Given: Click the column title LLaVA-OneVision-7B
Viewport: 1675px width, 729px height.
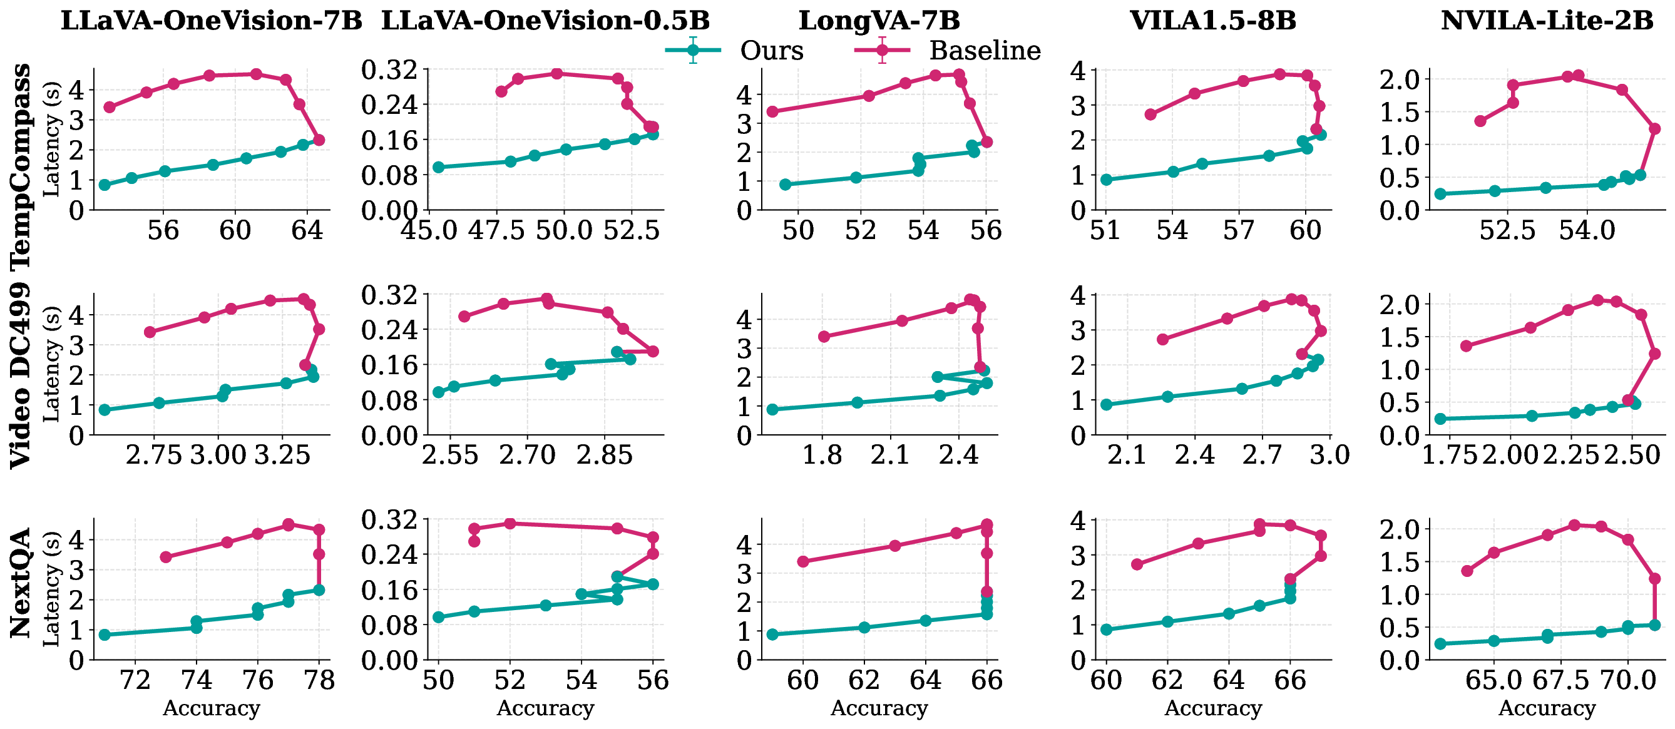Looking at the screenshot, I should (x=212, y=21).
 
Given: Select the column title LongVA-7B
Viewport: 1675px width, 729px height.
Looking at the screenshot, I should (x=878, y=21).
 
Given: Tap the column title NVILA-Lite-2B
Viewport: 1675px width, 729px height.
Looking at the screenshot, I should (x=1547, y=21).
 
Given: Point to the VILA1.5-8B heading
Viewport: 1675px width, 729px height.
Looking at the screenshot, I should (x=1212, y=21).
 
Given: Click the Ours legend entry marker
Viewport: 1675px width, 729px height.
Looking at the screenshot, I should (x=693, y=50).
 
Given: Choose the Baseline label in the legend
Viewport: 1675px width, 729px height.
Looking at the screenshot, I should (x=985, y=51).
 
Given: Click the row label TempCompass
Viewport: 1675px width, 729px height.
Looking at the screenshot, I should (x=21, y=166).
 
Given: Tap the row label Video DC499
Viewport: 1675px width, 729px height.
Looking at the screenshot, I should (x=21, y=375).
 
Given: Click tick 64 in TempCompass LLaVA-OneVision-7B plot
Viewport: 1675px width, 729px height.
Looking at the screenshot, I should (x=307, y=230).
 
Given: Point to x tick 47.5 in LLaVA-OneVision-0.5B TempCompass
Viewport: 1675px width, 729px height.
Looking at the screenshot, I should (x=496, y=230).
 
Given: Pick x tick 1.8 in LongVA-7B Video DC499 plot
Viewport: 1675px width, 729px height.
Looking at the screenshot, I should (x=822, y=455).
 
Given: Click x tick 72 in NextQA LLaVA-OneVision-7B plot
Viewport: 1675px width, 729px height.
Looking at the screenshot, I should (x=135, y=680).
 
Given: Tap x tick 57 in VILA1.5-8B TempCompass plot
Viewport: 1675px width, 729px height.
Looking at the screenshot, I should (x=1238, y=230).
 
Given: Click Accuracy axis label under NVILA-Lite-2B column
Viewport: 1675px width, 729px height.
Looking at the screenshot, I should (x=1547, y=708).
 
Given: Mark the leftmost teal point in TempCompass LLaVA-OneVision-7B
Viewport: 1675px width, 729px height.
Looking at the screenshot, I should (x=104, y=185).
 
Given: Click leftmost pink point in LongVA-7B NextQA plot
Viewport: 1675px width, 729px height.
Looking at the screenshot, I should (x=803, y=561).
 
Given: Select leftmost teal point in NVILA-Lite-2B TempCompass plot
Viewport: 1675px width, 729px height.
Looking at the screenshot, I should (x=1440, y=194).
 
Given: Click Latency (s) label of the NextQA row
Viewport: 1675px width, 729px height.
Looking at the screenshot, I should (x=51, y=589).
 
